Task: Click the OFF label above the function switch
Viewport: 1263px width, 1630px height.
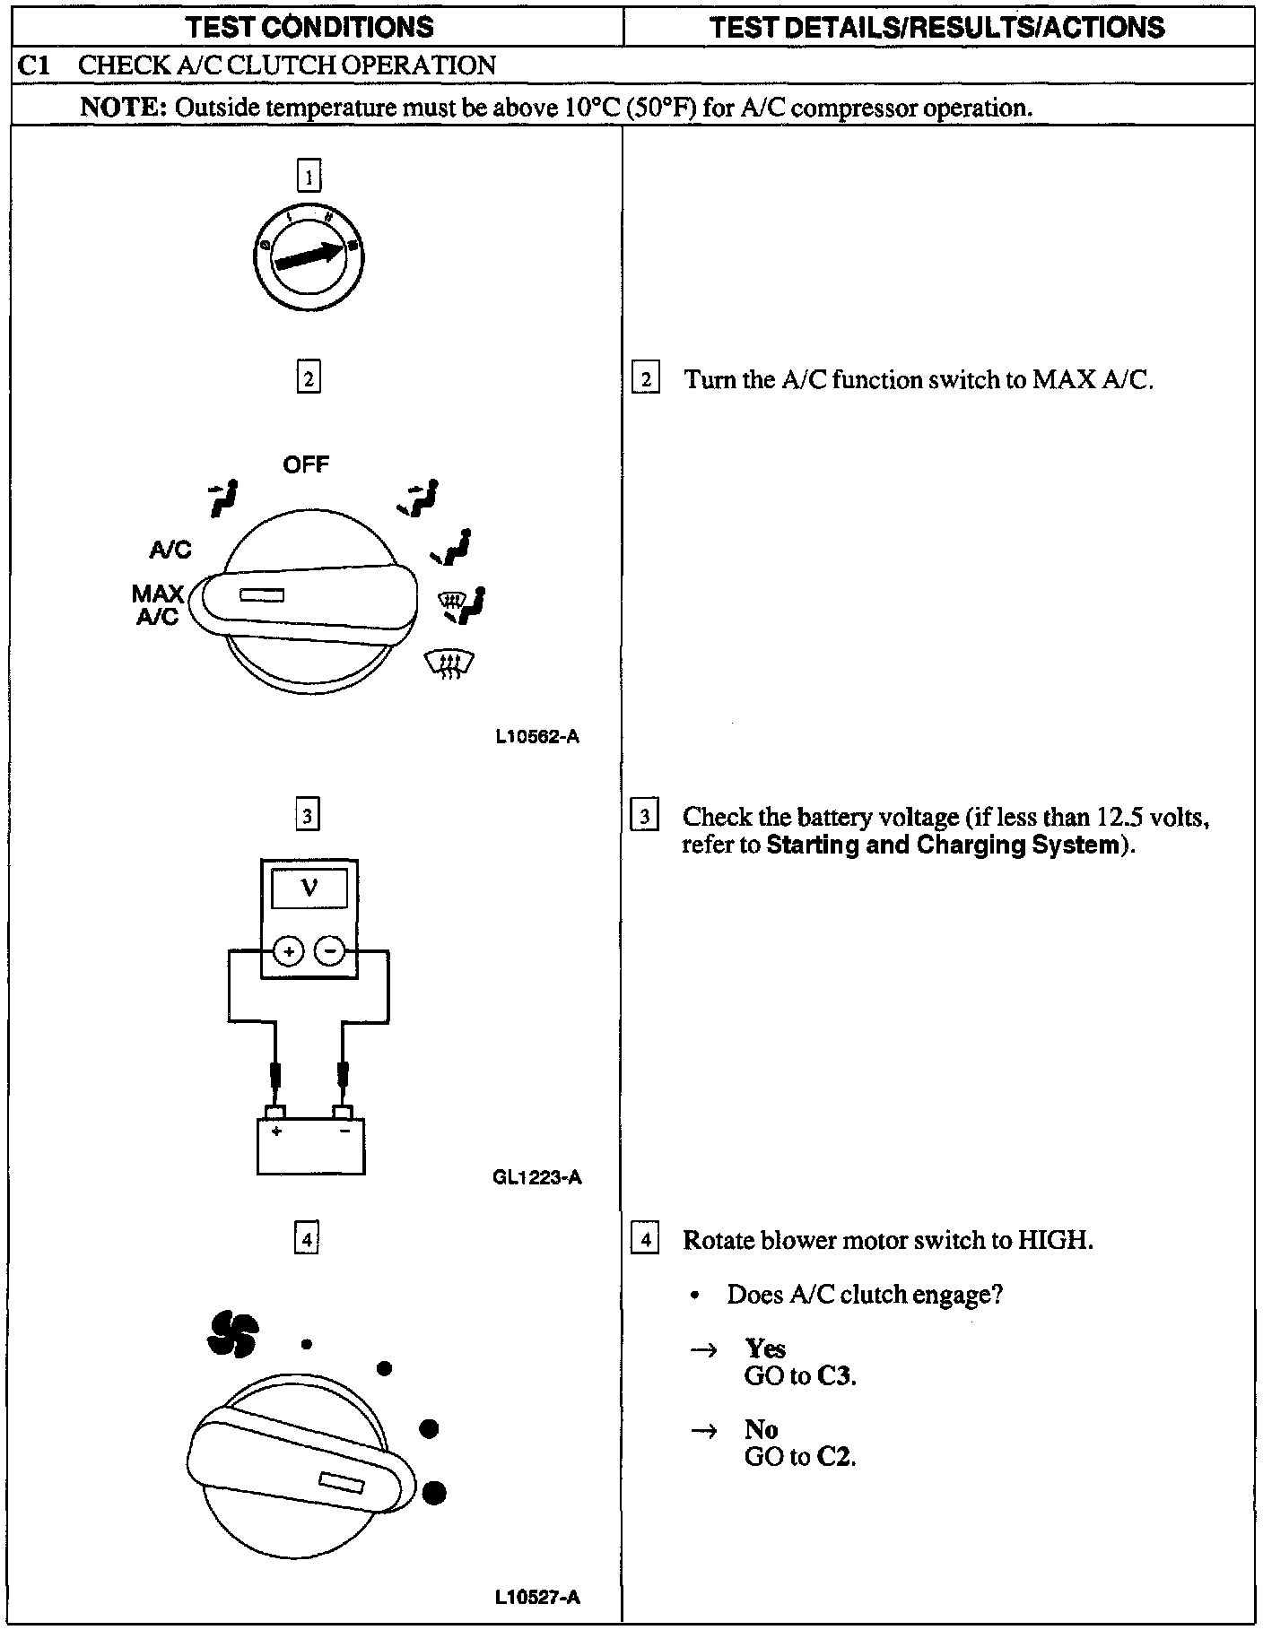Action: [x=306, y=464]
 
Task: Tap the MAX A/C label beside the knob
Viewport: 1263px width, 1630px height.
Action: [x=157, y=605]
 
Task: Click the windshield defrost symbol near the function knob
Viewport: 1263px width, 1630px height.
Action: [x=449, y=664]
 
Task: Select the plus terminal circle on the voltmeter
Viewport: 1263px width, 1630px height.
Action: [x=288, y=950]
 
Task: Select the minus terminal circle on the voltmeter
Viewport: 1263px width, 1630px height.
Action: [x=331, y=950]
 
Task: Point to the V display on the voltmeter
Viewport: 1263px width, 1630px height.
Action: [x=309, y=889]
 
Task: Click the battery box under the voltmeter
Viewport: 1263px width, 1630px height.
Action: [x=310, y=1146]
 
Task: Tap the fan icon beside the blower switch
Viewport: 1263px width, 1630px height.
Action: [x=232, y=1334]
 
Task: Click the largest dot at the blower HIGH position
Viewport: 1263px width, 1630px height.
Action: [x=434, y=1493]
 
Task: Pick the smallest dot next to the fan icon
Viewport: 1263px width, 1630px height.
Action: [x=307, y=1344]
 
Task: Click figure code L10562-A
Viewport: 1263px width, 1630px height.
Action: [x=537, y=737]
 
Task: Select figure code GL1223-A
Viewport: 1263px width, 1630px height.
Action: [x=537, y=1177]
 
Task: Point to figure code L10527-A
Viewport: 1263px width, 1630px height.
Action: [x=537, y=1597]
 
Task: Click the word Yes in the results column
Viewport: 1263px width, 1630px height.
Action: [x=765, y=1348]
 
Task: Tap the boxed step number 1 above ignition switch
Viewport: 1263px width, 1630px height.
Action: [x=309, y=176]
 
